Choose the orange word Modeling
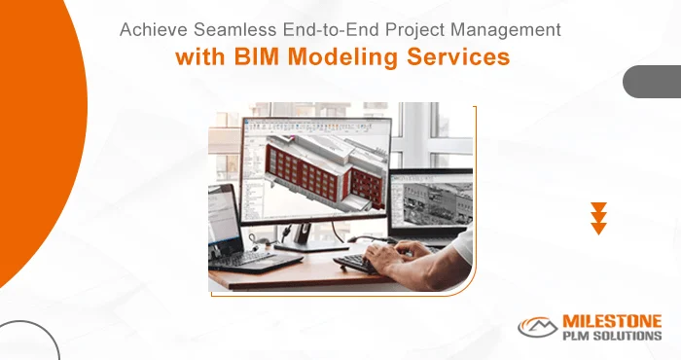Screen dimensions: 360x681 [346, 57]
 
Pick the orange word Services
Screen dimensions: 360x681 [462, 57]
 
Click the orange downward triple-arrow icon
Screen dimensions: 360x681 [599, 219]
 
